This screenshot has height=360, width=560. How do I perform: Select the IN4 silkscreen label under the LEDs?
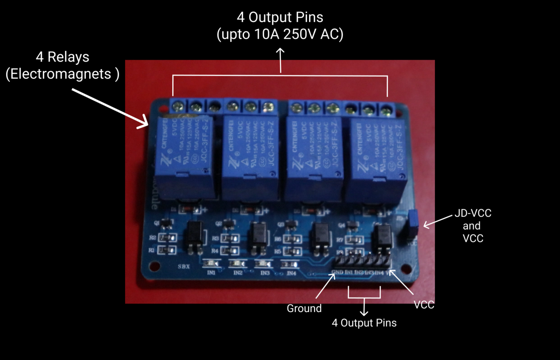tap(292, 273)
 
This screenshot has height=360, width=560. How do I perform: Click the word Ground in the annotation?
tap(304, 308)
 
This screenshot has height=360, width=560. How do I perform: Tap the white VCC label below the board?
tap(424, 305)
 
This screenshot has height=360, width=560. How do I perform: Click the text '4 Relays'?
tap(63, 57)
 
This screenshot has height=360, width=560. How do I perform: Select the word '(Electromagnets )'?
tap(63, 74)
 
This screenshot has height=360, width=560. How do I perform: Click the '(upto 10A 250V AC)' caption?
tap(280, 35)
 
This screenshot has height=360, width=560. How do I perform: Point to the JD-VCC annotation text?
tap(473, 214)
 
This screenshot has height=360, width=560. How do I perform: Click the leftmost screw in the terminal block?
tap(177, 107)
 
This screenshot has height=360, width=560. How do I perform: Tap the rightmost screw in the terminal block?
tap(385, 110)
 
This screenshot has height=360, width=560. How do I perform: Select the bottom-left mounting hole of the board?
tap(152, 266)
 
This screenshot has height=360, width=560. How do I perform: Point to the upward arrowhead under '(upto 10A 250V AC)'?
tap(281, 53)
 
